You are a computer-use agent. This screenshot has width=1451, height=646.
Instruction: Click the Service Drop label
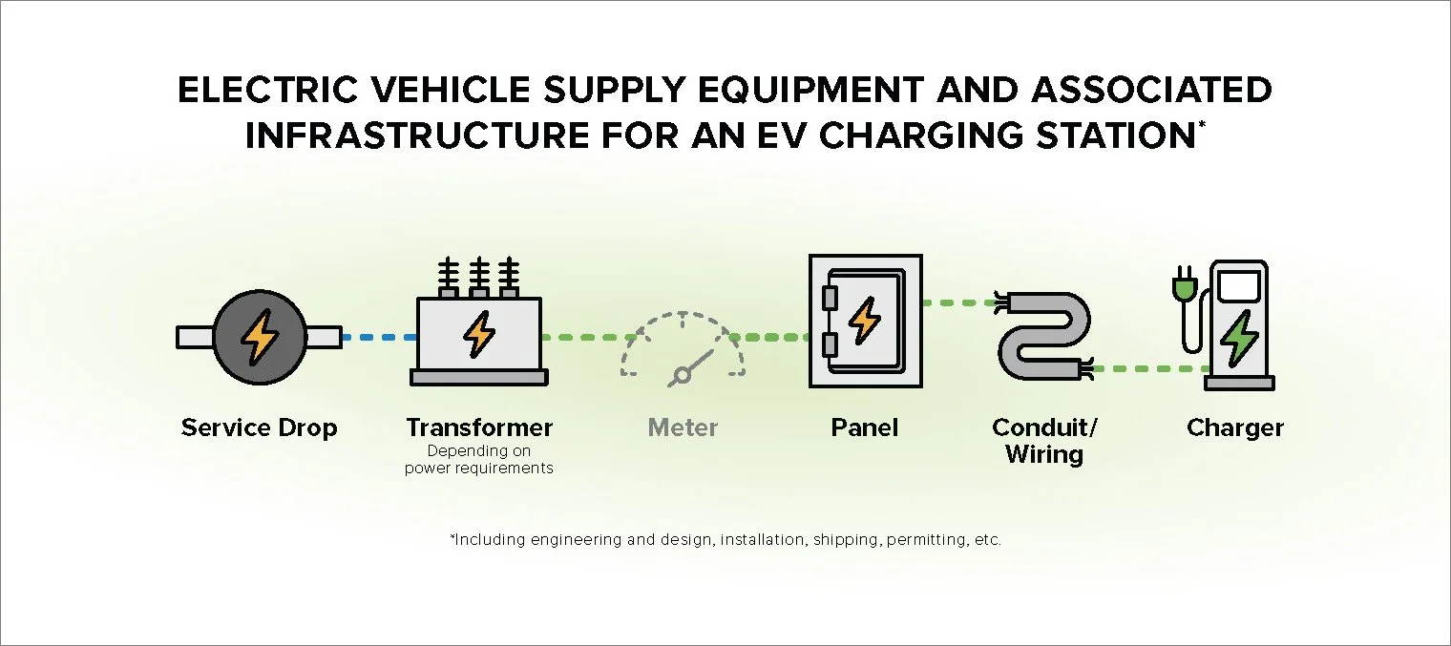[259, 427]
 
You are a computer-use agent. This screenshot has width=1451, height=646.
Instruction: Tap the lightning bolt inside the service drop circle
[259, 337]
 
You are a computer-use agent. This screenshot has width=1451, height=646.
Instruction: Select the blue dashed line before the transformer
[378, 337]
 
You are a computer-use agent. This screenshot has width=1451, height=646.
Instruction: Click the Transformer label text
[479, 427]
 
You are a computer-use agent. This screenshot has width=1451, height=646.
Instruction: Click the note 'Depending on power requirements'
[479, 459]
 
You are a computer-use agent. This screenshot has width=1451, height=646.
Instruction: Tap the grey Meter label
[683, 427]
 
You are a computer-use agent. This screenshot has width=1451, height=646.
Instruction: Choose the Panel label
[865, 427]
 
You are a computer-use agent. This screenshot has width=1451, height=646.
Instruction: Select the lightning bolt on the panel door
[865, 320]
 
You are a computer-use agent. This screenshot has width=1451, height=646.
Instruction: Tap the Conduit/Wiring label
[1044, 440]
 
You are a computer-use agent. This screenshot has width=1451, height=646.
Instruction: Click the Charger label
[1235, 427]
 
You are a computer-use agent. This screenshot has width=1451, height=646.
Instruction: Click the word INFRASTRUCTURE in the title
[417, 135]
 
